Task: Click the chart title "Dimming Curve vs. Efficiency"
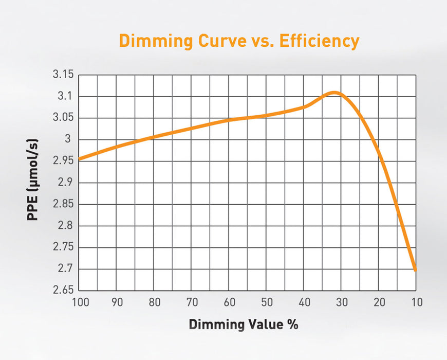[238, 41]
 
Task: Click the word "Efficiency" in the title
[319, 41]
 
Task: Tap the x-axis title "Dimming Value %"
[243, 325]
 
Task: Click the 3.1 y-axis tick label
[66, 97]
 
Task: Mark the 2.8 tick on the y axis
[66, 226]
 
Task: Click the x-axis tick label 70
[192, 302]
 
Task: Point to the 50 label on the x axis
[267, 302]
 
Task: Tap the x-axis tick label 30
[342, 302]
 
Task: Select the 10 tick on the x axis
[416, 302]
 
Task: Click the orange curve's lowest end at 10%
[415, 268]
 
